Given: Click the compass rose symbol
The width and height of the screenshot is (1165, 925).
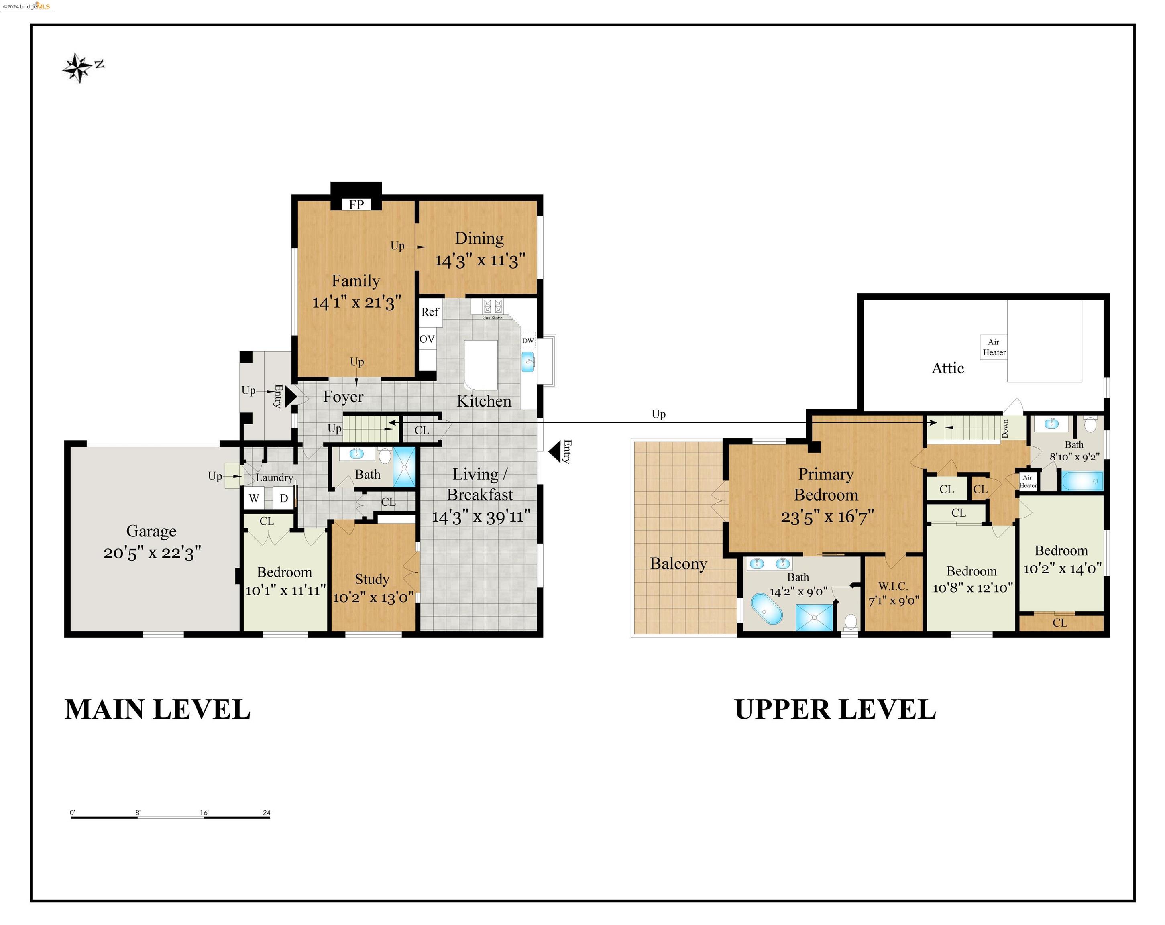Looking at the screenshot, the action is click(78, 68).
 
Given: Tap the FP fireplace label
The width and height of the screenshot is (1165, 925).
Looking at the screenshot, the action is click(356, 204).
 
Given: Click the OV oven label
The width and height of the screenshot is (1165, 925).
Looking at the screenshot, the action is click(427, 339).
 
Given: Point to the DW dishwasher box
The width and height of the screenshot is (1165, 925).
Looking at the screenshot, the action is click(528, 341).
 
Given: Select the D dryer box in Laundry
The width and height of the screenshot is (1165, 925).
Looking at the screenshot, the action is click(284, 498).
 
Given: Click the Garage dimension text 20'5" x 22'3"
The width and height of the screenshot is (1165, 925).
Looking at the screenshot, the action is click(153, 553).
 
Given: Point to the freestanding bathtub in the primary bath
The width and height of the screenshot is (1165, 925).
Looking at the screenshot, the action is click(766, 609).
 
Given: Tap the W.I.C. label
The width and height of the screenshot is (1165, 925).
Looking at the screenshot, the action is click(893, 586).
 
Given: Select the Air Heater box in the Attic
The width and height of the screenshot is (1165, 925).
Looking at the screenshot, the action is click(994, 347).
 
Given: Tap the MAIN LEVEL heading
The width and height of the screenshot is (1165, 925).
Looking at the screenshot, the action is click(157, 709).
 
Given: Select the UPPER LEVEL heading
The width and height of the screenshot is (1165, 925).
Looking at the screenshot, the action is click(835, 709).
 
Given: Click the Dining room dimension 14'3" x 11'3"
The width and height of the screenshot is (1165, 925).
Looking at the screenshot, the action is click(480, 261).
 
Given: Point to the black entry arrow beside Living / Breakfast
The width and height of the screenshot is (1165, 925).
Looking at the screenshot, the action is click(554, 452).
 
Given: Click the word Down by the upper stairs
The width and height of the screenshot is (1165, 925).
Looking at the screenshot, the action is click(1005, 428).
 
